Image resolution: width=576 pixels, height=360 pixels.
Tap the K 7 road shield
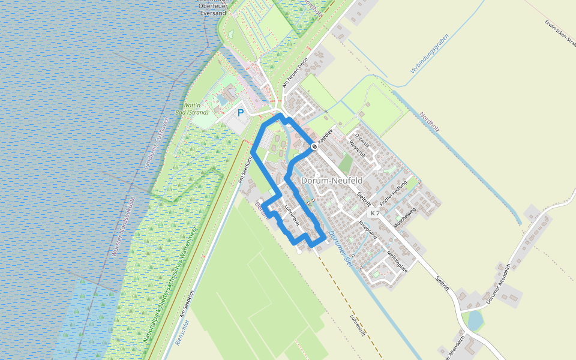375,213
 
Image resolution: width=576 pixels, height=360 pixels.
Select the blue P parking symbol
241,112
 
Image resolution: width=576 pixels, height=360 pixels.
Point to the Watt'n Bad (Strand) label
196,109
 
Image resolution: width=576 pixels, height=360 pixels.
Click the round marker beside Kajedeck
314,146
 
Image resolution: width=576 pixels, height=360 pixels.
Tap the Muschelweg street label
404,220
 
